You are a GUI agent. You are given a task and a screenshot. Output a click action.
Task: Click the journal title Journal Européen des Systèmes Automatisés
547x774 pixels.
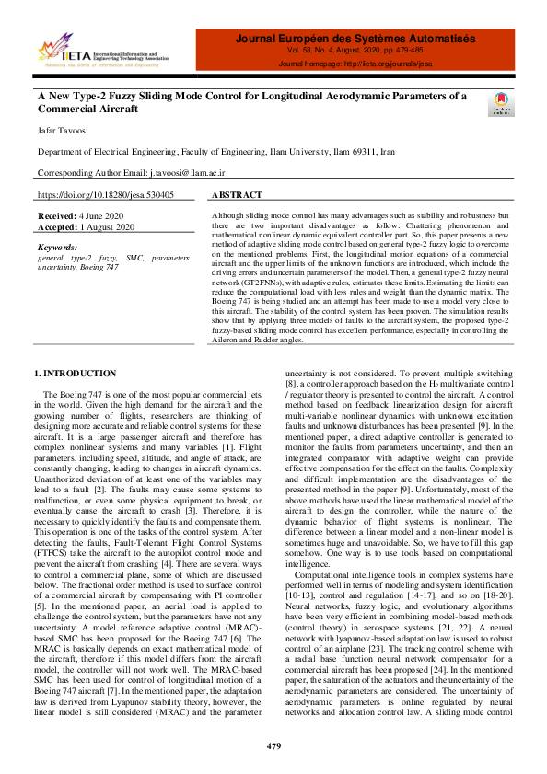click(355, 39)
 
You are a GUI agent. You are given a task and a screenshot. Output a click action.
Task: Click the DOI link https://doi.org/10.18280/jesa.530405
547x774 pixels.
click(105, 195)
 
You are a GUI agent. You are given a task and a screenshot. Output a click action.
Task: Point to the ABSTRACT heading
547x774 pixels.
click(237, 195)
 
